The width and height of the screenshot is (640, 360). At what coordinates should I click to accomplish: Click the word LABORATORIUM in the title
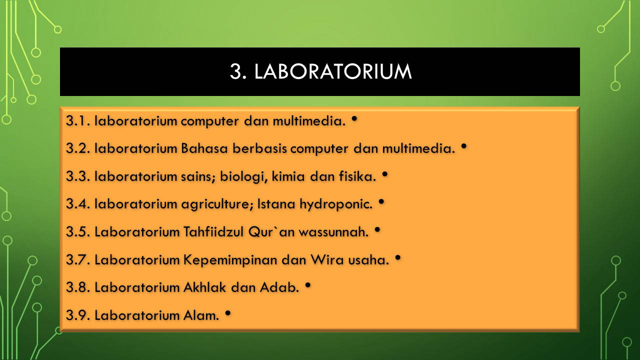click(x=333, y=71)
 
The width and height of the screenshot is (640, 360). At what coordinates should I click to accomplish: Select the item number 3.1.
click(x=78, y=121)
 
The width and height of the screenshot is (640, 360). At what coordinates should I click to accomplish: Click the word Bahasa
click(x=204, y=148)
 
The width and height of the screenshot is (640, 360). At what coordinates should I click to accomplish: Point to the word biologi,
click(x=243, y=177)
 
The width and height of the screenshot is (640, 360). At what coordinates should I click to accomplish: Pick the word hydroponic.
click(x=336, y=204)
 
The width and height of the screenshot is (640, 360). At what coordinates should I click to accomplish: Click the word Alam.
click(x=201, y=315)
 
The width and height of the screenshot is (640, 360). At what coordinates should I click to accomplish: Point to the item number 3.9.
click(x=78, y=315)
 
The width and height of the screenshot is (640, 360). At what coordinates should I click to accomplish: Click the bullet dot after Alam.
click(x=227, y=313)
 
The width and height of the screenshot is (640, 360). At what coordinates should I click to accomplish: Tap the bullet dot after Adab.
click(x=307, y=285)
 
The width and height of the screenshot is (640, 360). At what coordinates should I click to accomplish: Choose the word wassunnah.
click(x=333, y=231)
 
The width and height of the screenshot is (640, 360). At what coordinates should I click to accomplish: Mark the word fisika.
click(x=357, y=176)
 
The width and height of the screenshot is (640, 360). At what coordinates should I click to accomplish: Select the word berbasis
click(x=259, y=148)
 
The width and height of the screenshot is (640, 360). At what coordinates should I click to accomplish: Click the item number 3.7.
click(x=78, y=259)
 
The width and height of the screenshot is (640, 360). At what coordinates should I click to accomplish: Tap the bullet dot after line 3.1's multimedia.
click(x=354, y=118)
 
